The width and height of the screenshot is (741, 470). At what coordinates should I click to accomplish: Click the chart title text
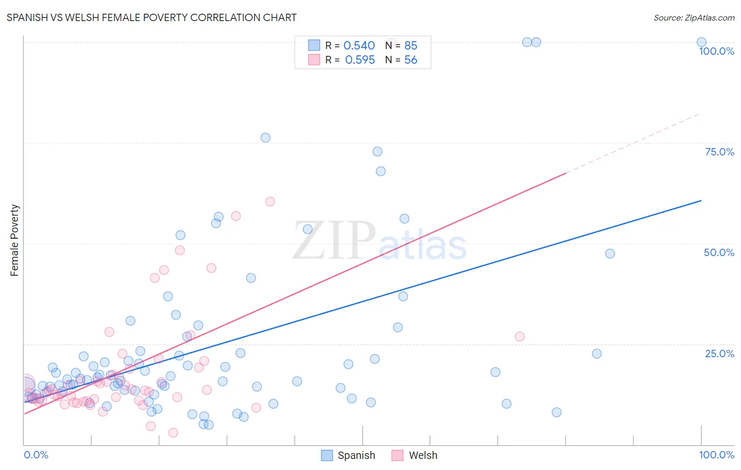point(151,17)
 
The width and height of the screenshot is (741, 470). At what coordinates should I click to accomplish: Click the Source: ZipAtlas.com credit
point(694,17)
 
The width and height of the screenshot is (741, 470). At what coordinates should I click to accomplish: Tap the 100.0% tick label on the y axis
point(716,51)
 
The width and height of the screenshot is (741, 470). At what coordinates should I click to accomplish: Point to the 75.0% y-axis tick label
point(719,152)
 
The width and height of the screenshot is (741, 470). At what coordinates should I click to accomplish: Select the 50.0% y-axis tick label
point(718,252)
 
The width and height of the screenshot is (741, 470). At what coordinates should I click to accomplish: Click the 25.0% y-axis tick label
point(719,354)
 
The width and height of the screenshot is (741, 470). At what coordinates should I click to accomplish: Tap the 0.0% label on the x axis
point(36,455)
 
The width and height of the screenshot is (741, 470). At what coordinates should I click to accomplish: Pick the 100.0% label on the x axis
point(716,455)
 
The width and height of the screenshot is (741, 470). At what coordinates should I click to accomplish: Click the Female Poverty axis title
point(14,240)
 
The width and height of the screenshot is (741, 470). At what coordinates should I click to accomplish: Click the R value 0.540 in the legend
point(359,46)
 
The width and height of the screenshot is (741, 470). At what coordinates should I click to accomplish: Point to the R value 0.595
point(360,60)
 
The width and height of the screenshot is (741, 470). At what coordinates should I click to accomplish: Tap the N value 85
point(411,46)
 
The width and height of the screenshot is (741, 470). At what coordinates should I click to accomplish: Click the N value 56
point(411,60)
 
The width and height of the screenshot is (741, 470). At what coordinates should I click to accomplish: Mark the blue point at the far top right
point(701,42)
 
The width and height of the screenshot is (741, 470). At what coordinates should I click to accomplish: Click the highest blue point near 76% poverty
point(265,138)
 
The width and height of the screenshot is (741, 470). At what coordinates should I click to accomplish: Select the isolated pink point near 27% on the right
point(520,337)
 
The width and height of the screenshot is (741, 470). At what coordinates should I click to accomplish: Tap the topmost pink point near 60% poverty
point(270,201)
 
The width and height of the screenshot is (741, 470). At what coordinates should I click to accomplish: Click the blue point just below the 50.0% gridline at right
point(610,253)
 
